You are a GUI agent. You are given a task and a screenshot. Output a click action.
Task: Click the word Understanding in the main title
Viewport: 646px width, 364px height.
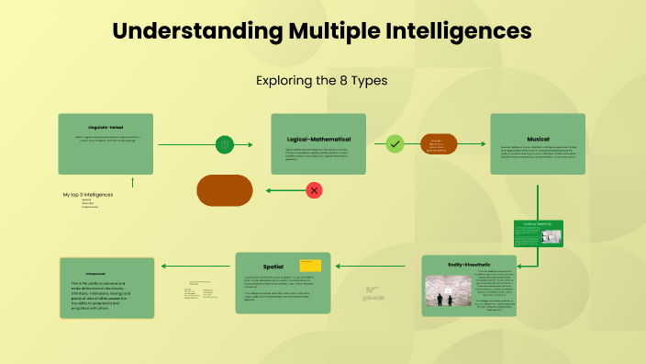click(194, 31)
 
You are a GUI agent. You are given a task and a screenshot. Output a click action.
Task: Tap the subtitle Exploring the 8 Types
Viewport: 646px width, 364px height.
click(322, 81)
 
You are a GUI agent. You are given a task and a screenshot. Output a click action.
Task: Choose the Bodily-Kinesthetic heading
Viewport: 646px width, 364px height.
click(470, 263)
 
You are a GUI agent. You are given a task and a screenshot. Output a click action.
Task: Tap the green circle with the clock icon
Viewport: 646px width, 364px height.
click(225, 144)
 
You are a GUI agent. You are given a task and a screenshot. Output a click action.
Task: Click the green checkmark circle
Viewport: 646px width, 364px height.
click(395, 144)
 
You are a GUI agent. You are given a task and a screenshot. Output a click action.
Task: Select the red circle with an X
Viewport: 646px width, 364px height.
click(314, 190)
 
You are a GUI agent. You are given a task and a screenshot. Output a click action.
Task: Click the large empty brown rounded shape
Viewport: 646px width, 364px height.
click(225, 190)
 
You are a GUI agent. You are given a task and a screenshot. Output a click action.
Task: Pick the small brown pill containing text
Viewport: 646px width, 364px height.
click(438, 144)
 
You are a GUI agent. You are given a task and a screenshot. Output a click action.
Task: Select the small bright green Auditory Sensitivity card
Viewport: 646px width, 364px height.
click(538, 233)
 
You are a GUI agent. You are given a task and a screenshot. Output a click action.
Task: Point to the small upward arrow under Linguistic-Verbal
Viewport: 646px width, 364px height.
click(133, 182)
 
